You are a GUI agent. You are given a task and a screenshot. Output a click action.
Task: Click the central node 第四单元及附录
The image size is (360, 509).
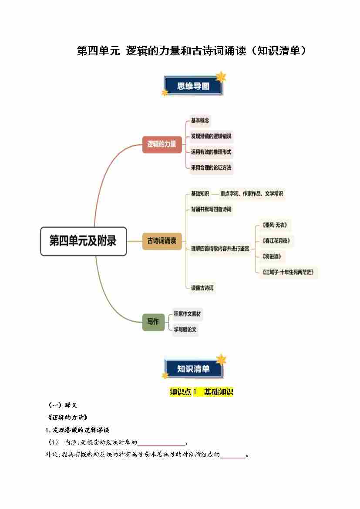(x=83, y=241)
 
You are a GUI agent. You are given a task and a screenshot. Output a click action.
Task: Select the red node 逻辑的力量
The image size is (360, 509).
(x=161, y=144)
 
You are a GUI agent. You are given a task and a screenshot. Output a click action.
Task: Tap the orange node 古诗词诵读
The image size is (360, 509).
(x=161, y=241)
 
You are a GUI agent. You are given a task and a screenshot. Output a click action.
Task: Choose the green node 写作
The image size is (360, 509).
(x=153, y=322)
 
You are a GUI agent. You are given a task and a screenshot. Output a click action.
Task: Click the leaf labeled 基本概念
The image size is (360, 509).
(x=200, y=121)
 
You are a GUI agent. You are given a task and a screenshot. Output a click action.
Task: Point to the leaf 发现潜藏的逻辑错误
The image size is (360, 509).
(x=211, y=136)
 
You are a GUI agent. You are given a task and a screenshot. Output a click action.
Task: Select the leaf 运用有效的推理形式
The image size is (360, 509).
(x=211, y=152)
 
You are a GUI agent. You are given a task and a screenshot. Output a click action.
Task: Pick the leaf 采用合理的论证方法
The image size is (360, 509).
(x=211, y=168)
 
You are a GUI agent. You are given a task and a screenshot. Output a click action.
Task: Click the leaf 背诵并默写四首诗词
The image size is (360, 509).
(x=211, y=209)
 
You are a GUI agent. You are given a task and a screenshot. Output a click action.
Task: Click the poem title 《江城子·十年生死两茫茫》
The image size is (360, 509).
(x=288, y=273)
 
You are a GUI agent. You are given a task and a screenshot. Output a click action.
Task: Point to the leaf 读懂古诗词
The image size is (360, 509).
(x=202, y=288)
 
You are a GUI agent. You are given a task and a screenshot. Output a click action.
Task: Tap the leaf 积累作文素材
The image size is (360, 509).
(x=187, y=313)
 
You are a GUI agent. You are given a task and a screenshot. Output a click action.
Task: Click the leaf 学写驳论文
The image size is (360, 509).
(x=185, y=330)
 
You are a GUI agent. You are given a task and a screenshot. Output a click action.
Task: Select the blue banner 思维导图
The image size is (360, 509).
(x=193, y=86)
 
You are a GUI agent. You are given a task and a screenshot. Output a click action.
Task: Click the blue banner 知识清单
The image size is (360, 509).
(x=193, y=369)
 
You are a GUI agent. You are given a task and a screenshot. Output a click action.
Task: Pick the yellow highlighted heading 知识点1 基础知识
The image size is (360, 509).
(x=201, y=392)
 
